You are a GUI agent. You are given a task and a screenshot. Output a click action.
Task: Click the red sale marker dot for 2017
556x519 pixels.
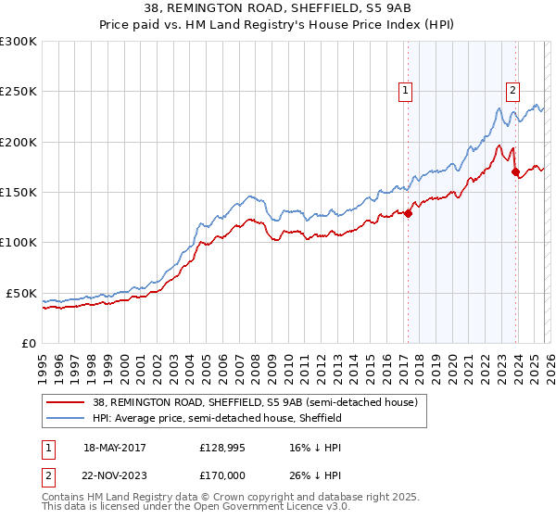(408, 213)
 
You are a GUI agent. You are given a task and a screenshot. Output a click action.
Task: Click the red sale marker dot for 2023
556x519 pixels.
(515, 171)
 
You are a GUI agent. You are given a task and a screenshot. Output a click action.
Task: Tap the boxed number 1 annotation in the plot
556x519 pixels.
(406, 90)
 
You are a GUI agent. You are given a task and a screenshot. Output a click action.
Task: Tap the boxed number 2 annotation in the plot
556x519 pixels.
(512, 90)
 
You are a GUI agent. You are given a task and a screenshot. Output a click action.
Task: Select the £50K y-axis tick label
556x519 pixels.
(21, 293)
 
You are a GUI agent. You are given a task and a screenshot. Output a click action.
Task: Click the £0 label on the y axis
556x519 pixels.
(28, 343)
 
